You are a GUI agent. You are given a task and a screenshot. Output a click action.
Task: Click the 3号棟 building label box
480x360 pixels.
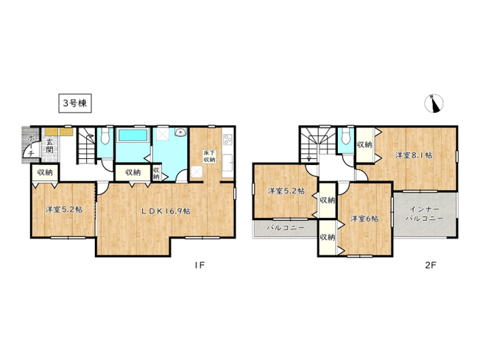point(74,104)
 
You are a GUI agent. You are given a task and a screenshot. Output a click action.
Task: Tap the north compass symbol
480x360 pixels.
point(435,105)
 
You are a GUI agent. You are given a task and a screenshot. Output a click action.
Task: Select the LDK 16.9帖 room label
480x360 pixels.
point(166,211)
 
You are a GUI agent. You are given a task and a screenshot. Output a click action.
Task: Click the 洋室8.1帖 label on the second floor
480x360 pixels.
point(414,155)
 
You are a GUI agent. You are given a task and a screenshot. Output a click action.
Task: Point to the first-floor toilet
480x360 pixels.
point(105,138)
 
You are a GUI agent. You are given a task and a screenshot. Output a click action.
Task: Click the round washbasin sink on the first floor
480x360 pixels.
point(180,135)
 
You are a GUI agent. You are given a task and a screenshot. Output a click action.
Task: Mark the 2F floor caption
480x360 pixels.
point(431,266)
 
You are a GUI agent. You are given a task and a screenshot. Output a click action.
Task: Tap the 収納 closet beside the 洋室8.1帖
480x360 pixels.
point(365,145)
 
